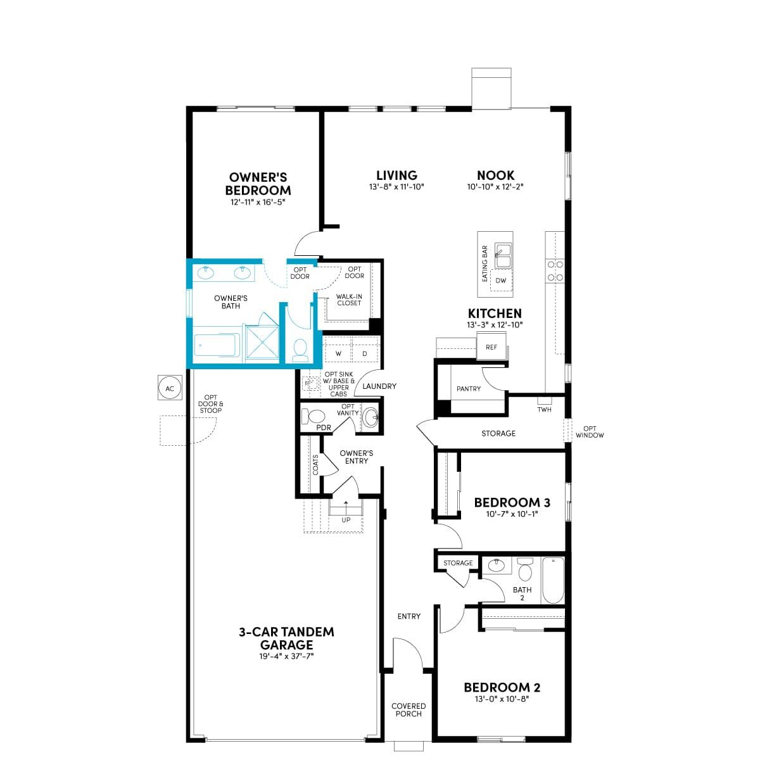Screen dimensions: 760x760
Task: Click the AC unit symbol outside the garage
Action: click(x=170, y=388)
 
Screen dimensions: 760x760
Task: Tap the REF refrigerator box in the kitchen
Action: click(x=491, y=346)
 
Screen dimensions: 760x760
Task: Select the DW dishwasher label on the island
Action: click(x=500, y=281)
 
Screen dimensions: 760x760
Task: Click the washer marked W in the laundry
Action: click(x=338, y=353)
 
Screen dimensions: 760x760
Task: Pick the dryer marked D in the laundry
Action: click(x=364, y=353)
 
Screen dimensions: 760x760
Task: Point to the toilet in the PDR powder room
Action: click(x=313, y=417)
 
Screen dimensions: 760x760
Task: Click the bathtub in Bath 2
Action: click(x=553, y=579)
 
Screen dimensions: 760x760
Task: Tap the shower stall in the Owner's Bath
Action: click(x=262, y=341)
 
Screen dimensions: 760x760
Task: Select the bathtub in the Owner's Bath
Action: click(x=217, y=346)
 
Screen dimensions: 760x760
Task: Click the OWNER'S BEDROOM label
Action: click(x=258, y=184)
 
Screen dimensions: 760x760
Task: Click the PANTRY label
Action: click(x=469, y=388)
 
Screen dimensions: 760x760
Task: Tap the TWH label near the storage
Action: click(x=544, y=409)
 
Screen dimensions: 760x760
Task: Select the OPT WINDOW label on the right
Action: click(x=590, y=431)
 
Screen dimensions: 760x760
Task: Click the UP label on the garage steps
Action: click(x=346, y=520)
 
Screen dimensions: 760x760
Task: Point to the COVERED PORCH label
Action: click(x=408, y=709)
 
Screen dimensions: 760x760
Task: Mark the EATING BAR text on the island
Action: click(x=484, y=263)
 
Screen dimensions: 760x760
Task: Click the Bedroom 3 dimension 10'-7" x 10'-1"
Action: click(x=512, y=514)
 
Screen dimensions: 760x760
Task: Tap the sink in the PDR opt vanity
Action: click(x=370, y=417)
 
